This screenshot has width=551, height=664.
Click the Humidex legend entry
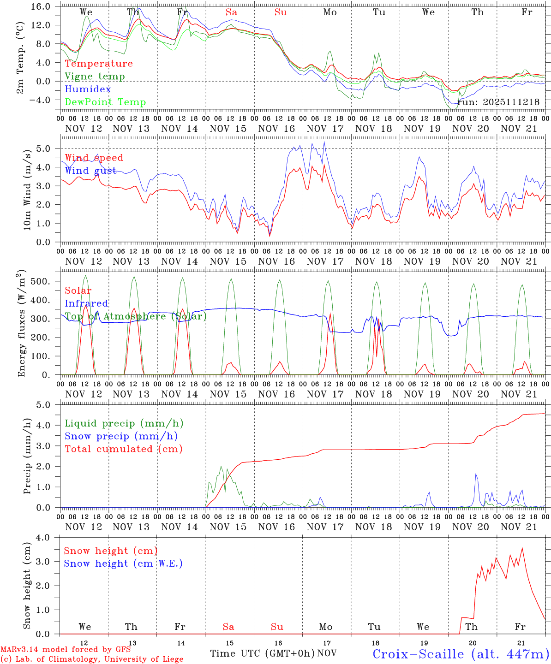pos(81,89)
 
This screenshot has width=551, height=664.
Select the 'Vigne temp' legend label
pos(95,77)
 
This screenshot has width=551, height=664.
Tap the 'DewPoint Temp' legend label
pos(105,102)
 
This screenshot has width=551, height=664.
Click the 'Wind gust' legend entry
pos(90,171)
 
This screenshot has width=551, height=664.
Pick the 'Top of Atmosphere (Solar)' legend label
pos(136,316)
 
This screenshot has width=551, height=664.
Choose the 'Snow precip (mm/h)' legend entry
pos(121,436)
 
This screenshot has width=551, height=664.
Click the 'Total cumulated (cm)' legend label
pos(123,449)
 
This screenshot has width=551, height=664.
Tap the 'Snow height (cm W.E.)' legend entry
pos(123,563)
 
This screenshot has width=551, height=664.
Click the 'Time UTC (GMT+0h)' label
pos(263,653)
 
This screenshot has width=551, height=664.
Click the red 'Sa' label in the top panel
pos(231,12)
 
